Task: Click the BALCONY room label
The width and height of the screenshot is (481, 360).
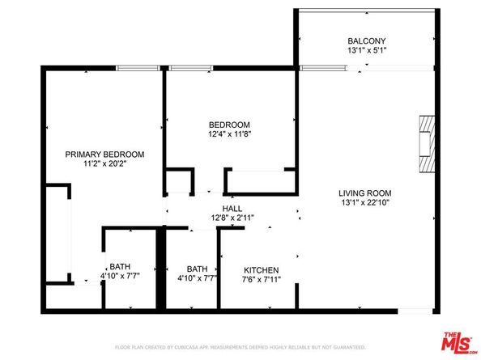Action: point(366,41)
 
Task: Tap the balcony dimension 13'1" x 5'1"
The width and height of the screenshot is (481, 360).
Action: point(366,52)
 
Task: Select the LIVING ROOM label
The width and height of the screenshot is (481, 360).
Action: point(364,193)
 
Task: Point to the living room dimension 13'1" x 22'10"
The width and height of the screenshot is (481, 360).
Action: point(364,203)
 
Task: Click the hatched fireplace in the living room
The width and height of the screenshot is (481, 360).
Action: point(426,143)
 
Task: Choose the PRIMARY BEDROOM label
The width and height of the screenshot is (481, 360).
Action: point(104,154)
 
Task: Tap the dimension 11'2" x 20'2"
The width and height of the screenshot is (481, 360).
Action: point(104,164)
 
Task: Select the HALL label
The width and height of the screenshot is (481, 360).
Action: point(232,207)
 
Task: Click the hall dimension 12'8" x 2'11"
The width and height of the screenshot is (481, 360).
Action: point(232,217)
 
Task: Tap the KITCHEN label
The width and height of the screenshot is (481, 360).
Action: point(262,270)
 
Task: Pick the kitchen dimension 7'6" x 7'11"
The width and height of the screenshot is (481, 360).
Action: point(262,281)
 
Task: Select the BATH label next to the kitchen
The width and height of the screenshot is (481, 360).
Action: point(197,269)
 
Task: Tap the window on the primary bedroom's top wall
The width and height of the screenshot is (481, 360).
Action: point(139,68)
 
